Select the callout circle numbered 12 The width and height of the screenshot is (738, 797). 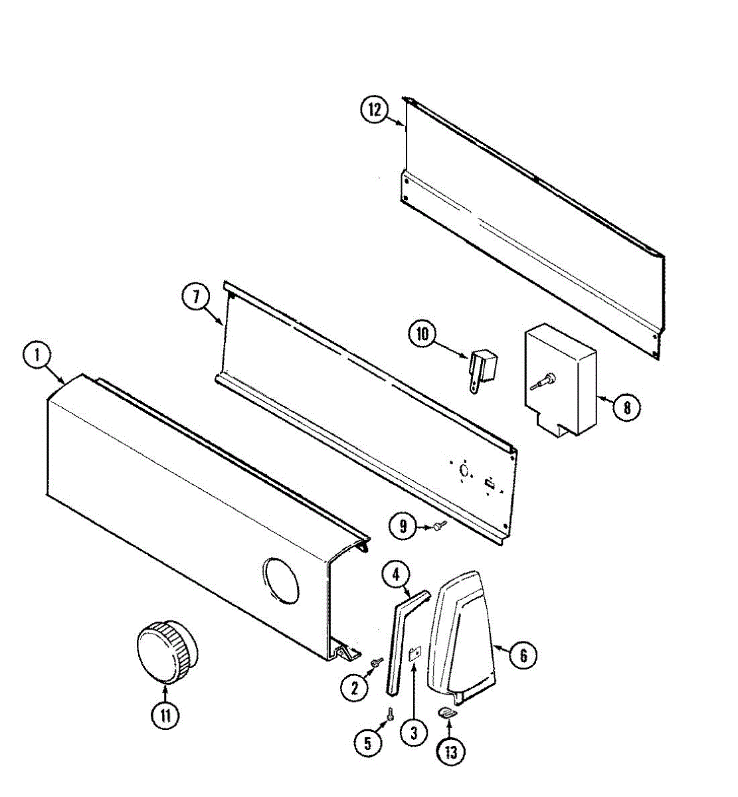pos(375,110)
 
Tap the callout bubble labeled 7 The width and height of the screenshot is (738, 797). pos(197,297)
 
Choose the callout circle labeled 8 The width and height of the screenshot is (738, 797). pos(626,407)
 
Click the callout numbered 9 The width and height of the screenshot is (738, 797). pos(404,527)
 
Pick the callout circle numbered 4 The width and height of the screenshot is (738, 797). pos(397,575)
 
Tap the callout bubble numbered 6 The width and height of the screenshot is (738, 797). pos(523,656)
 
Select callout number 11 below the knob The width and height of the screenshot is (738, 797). pos(165,715)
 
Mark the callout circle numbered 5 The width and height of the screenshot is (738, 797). pos(367,743)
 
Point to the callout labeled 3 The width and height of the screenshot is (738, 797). pos(413,733)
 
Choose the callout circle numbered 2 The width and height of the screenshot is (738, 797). pos(354,688)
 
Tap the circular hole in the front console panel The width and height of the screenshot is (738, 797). pos(280,580)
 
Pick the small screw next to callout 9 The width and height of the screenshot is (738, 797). pos(438,526)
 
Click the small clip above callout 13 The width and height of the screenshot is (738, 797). pos(450,713)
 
